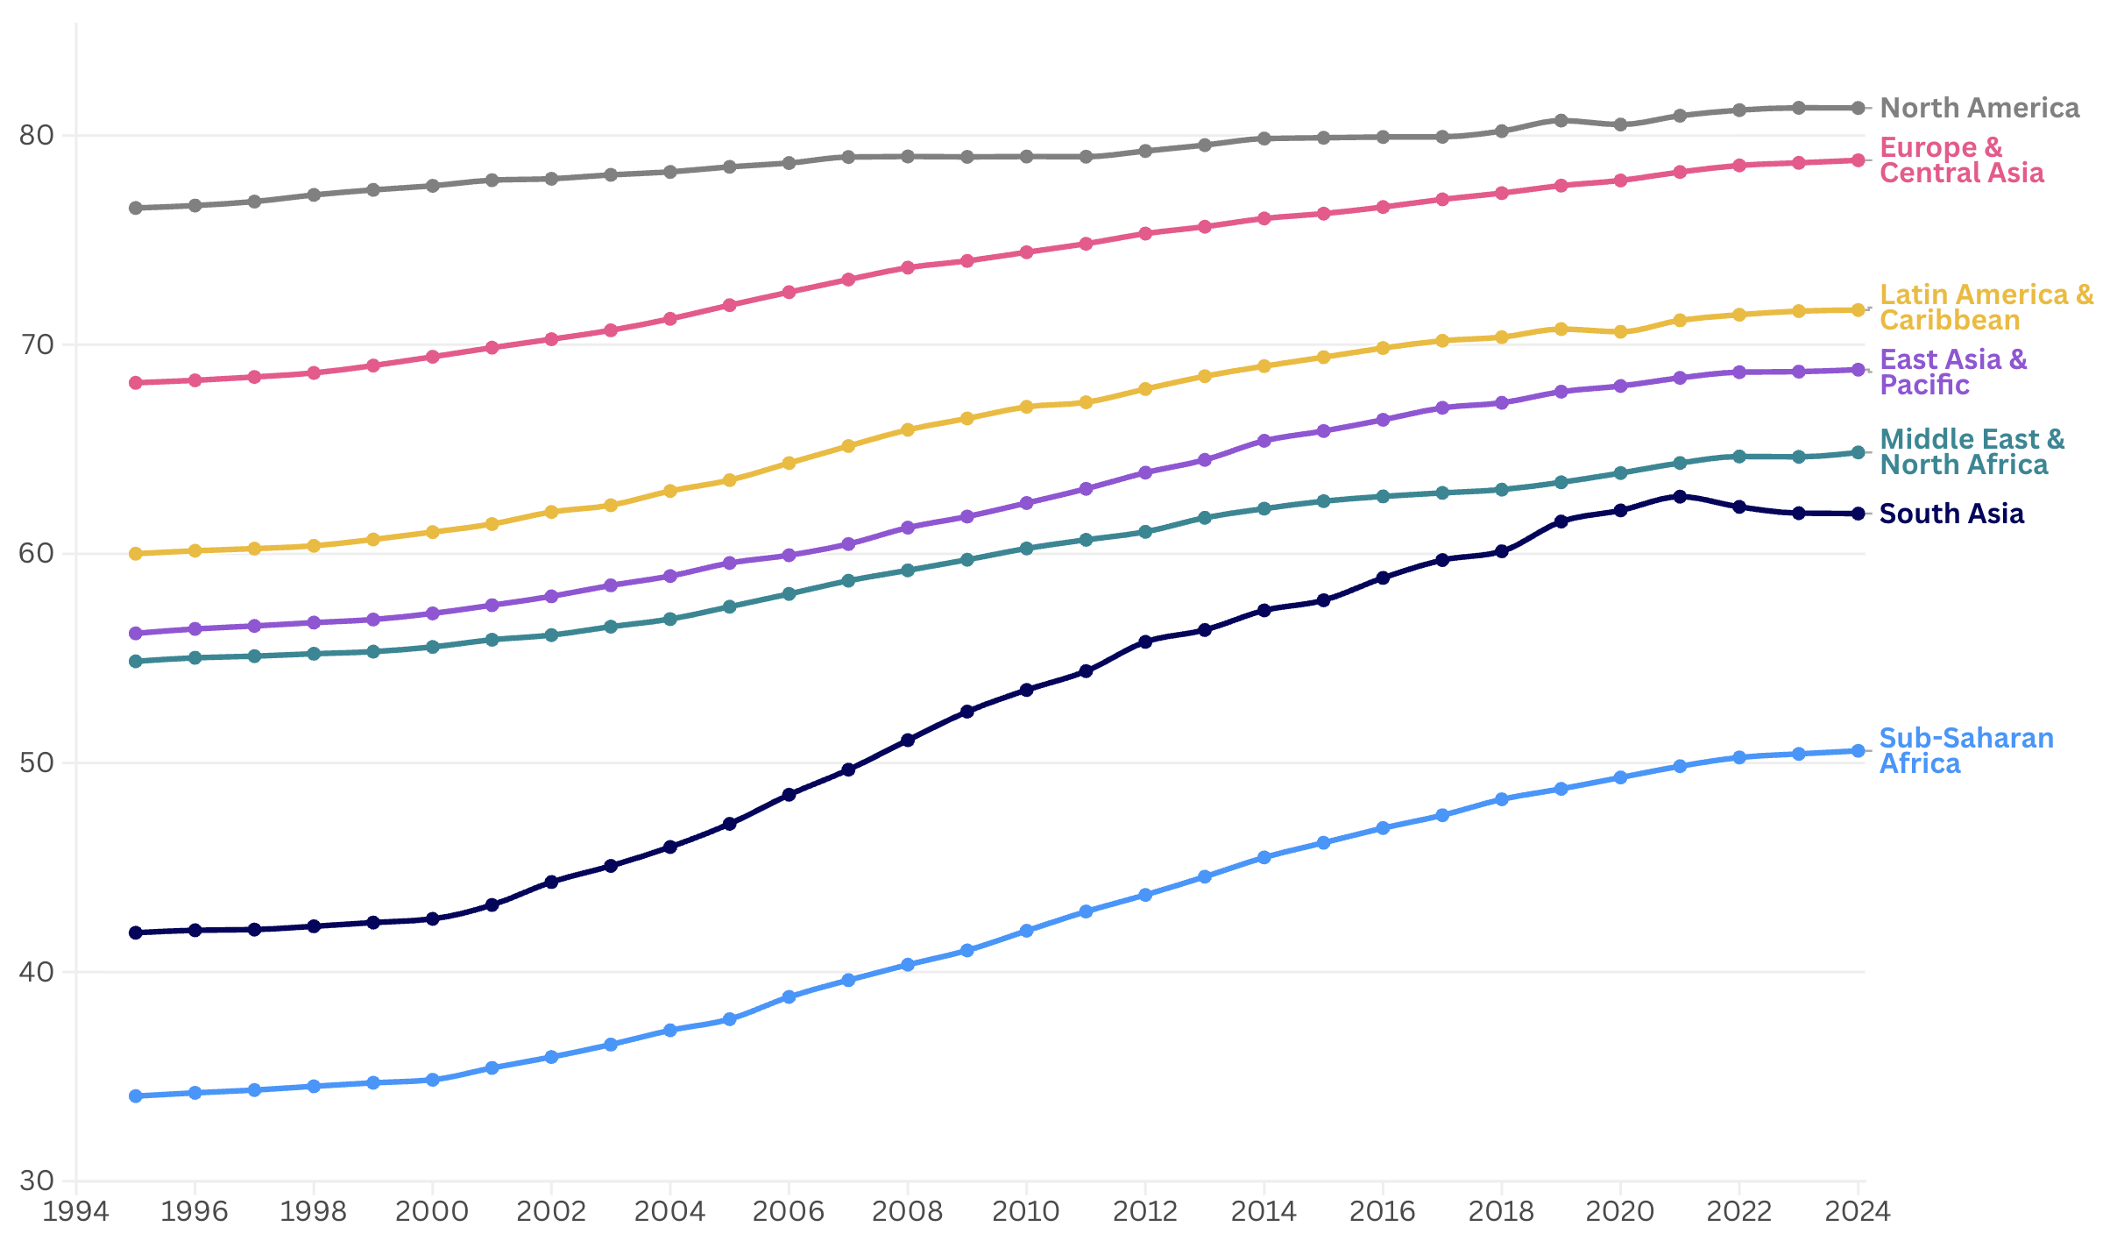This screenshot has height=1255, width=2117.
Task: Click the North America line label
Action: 1979,108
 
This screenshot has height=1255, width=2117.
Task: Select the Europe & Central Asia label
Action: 1961,160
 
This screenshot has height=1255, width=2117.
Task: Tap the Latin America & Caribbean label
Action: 1986,308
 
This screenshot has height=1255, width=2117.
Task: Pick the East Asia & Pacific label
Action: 1952,372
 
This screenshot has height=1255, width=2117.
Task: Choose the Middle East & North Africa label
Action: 1972,452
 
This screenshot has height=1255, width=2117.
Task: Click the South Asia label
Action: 1951,514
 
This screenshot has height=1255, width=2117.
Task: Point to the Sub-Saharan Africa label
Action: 1965,751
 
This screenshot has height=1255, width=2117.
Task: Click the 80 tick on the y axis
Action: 36,135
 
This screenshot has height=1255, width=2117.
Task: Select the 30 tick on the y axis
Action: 36,1181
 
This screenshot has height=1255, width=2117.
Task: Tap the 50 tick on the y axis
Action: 36,762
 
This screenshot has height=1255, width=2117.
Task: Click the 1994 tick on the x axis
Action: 76,1211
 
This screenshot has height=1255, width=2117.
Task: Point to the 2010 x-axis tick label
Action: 1026,1211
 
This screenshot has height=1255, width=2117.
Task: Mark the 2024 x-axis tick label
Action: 1857,1211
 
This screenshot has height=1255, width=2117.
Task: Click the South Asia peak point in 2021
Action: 1680,497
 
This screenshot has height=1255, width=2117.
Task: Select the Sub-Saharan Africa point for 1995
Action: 136,1096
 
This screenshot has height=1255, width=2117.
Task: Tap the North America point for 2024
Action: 1858,108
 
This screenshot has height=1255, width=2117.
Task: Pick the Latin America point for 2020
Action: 1620,332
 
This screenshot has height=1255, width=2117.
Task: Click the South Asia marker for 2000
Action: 432,919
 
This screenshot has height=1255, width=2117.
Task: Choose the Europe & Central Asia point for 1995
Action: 136,383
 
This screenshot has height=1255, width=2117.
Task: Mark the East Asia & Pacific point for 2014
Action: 1264,441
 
